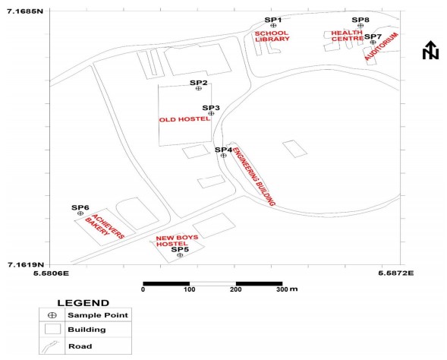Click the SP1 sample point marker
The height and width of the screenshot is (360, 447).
tap(273, 26)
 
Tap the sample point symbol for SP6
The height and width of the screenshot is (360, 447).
tap(80, 213)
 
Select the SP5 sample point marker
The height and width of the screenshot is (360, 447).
tap(180, 255)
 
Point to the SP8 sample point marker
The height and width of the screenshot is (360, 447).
tap(360, 25)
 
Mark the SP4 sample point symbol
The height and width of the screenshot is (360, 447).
tap(223, 156)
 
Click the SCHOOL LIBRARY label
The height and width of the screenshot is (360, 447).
tap(272, 36)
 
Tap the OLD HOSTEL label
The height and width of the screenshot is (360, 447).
tap(184, 119)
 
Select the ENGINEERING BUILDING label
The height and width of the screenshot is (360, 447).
tap(253, 176)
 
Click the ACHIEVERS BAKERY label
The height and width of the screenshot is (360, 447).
tap(105, 226)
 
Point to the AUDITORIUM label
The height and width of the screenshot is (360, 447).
tap(381, 46)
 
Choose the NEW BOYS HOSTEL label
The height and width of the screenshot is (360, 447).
tap(177, 241)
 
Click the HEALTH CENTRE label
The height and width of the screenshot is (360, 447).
tap(348, 36)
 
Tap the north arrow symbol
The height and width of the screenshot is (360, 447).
tap(430, 50)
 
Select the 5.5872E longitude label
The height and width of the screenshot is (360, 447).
tap(396, 273)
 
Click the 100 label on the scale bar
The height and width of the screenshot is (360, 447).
tap(189, 289)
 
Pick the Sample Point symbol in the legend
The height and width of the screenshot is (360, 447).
tap(52, 315)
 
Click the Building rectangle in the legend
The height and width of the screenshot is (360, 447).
tap(52, 329)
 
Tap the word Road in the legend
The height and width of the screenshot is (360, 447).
tap(80, 346)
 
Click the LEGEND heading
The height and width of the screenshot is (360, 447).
tap(83, 303)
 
